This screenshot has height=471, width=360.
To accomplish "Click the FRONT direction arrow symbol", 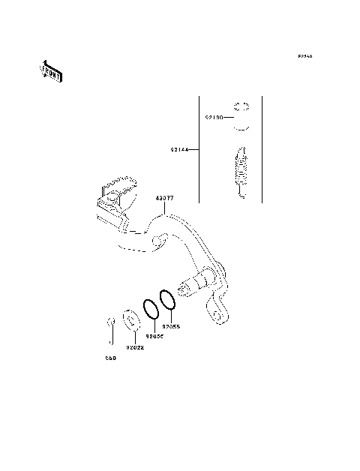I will (51, 71).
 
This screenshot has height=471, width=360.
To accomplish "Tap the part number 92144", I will (178, 151).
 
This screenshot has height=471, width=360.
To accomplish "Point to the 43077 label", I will (165, 199).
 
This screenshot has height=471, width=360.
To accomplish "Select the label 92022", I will (135, 347).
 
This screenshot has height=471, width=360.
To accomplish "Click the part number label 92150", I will (214, 118).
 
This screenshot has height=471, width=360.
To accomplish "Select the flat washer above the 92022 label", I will (130, 321).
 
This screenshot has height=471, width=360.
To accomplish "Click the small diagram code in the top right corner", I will (304, 56).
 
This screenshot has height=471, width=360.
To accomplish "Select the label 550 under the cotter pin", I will (110, 358).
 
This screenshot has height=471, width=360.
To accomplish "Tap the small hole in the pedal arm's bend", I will (159, 240).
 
